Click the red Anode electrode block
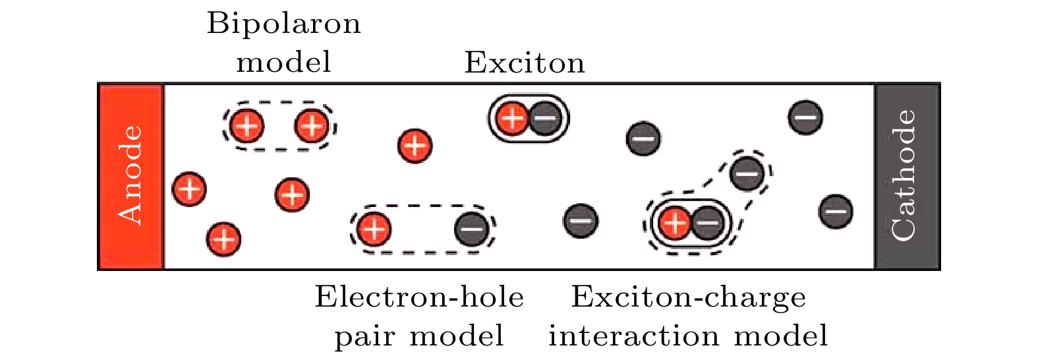130,176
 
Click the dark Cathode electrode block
906,176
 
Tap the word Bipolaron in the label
283,24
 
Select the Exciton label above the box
525,63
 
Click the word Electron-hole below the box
419,297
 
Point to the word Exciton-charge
688,297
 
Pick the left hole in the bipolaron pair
247,125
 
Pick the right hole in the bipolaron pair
312,125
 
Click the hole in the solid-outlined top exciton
511,119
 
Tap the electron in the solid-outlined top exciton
544,119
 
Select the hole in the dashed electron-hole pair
374,229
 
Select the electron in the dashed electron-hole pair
472,229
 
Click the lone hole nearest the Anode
189,190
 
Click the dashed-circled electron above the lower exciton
747,173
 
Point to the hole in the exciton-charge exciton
674,223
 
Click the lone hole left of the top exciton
415,145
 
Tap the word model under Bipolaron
283,63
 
